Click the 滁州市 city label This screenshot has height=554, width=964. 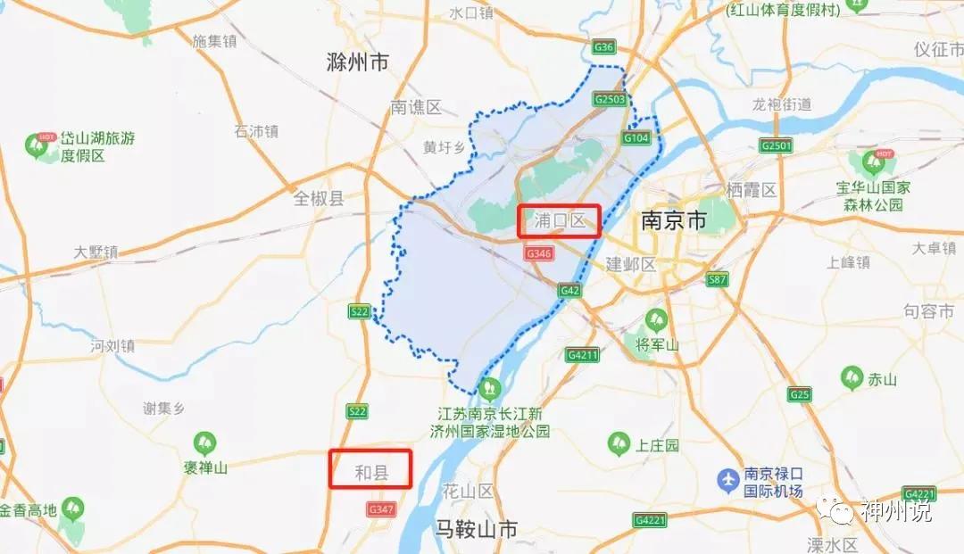tap(359, 62)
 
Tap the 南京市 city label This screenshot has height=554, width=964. tap(674, 220)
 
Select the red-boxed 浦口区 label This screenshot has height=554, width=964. tap(560, 220)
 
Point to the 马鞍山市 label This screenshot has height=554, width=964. tap(476, 528)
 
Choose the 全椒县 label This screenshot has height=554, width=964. tap(319, 198)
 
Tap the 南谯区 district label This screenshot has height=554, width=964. tap(416, 107)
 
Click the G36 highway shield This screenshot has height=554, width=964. tap(604, 46)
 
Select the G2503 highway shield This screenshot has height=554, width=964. tap(610, 100)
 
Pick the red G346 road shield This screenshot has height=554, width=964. tap(539, 254)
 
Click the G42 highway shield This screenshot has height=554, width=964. tap(569, 291)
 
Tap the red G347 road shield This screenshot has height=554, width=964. tap(380, 509)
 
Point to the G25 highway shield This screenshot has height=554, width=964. tap(800, 393)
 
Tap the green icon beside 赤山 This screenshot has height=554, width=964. tap(852, 377)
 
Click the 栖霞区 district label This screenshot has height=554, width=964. tap(752, 189)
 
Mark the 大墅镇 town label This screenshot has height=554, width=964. tap(96, 252)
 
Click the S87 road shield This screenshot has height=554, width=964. tap(717, 280)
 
